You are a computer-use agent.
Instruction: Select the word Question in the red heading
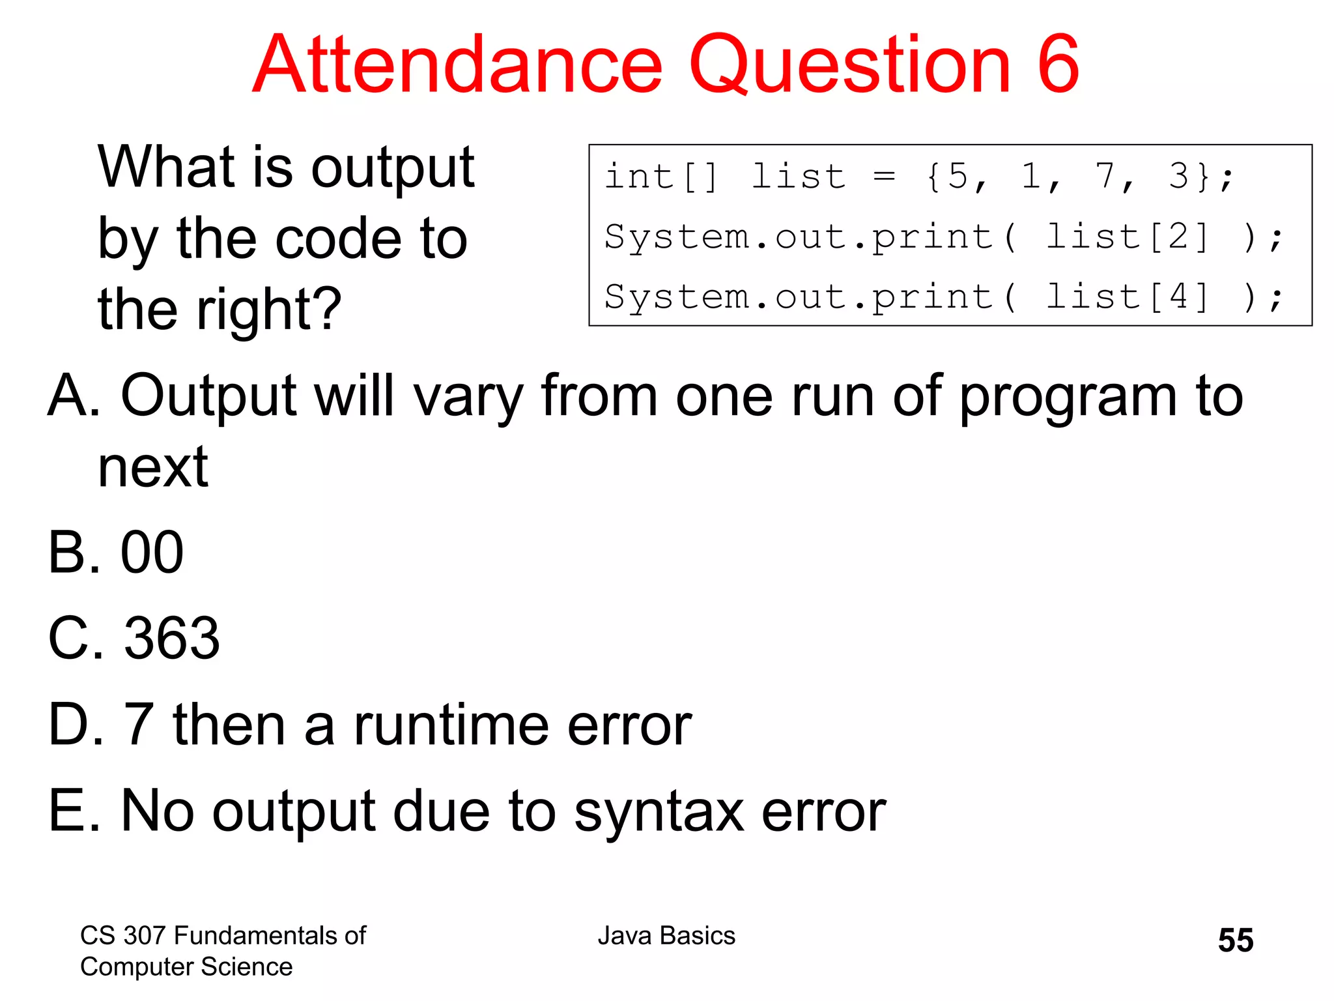click(849, 65)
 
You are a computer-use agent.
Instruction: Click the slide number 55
click(1235, 940)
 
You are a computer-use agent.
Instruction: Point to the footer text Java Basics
click(666, 936)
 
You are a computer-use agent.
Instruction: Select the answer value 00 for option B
click(152, 553)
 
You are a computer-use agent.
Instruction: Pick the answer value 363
click(172, 638)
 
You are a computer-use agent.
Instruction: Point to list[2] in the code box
click(1126, 237)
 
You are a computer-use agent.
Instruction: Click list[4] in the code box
click(1126, 297)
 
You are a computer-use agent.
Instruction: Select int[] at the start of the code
click(660, 176)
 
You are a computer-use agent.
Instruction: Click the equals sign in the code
click(884, 176)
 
